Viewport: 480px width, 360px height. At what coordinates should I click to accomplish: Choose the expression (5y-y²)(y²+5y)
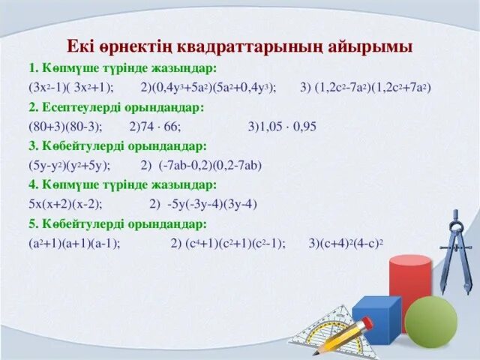click(70, 164)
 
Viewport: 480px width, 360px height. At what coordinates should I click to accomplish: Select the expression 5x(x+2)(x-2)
click(65, 203)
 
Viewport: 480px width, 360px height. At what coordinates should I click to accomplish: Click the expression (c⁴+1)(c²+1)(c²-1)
click(235, 242)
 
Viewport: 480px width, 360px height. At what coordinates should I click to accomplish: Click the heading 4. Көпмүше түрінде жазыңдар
click(122, 184)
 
